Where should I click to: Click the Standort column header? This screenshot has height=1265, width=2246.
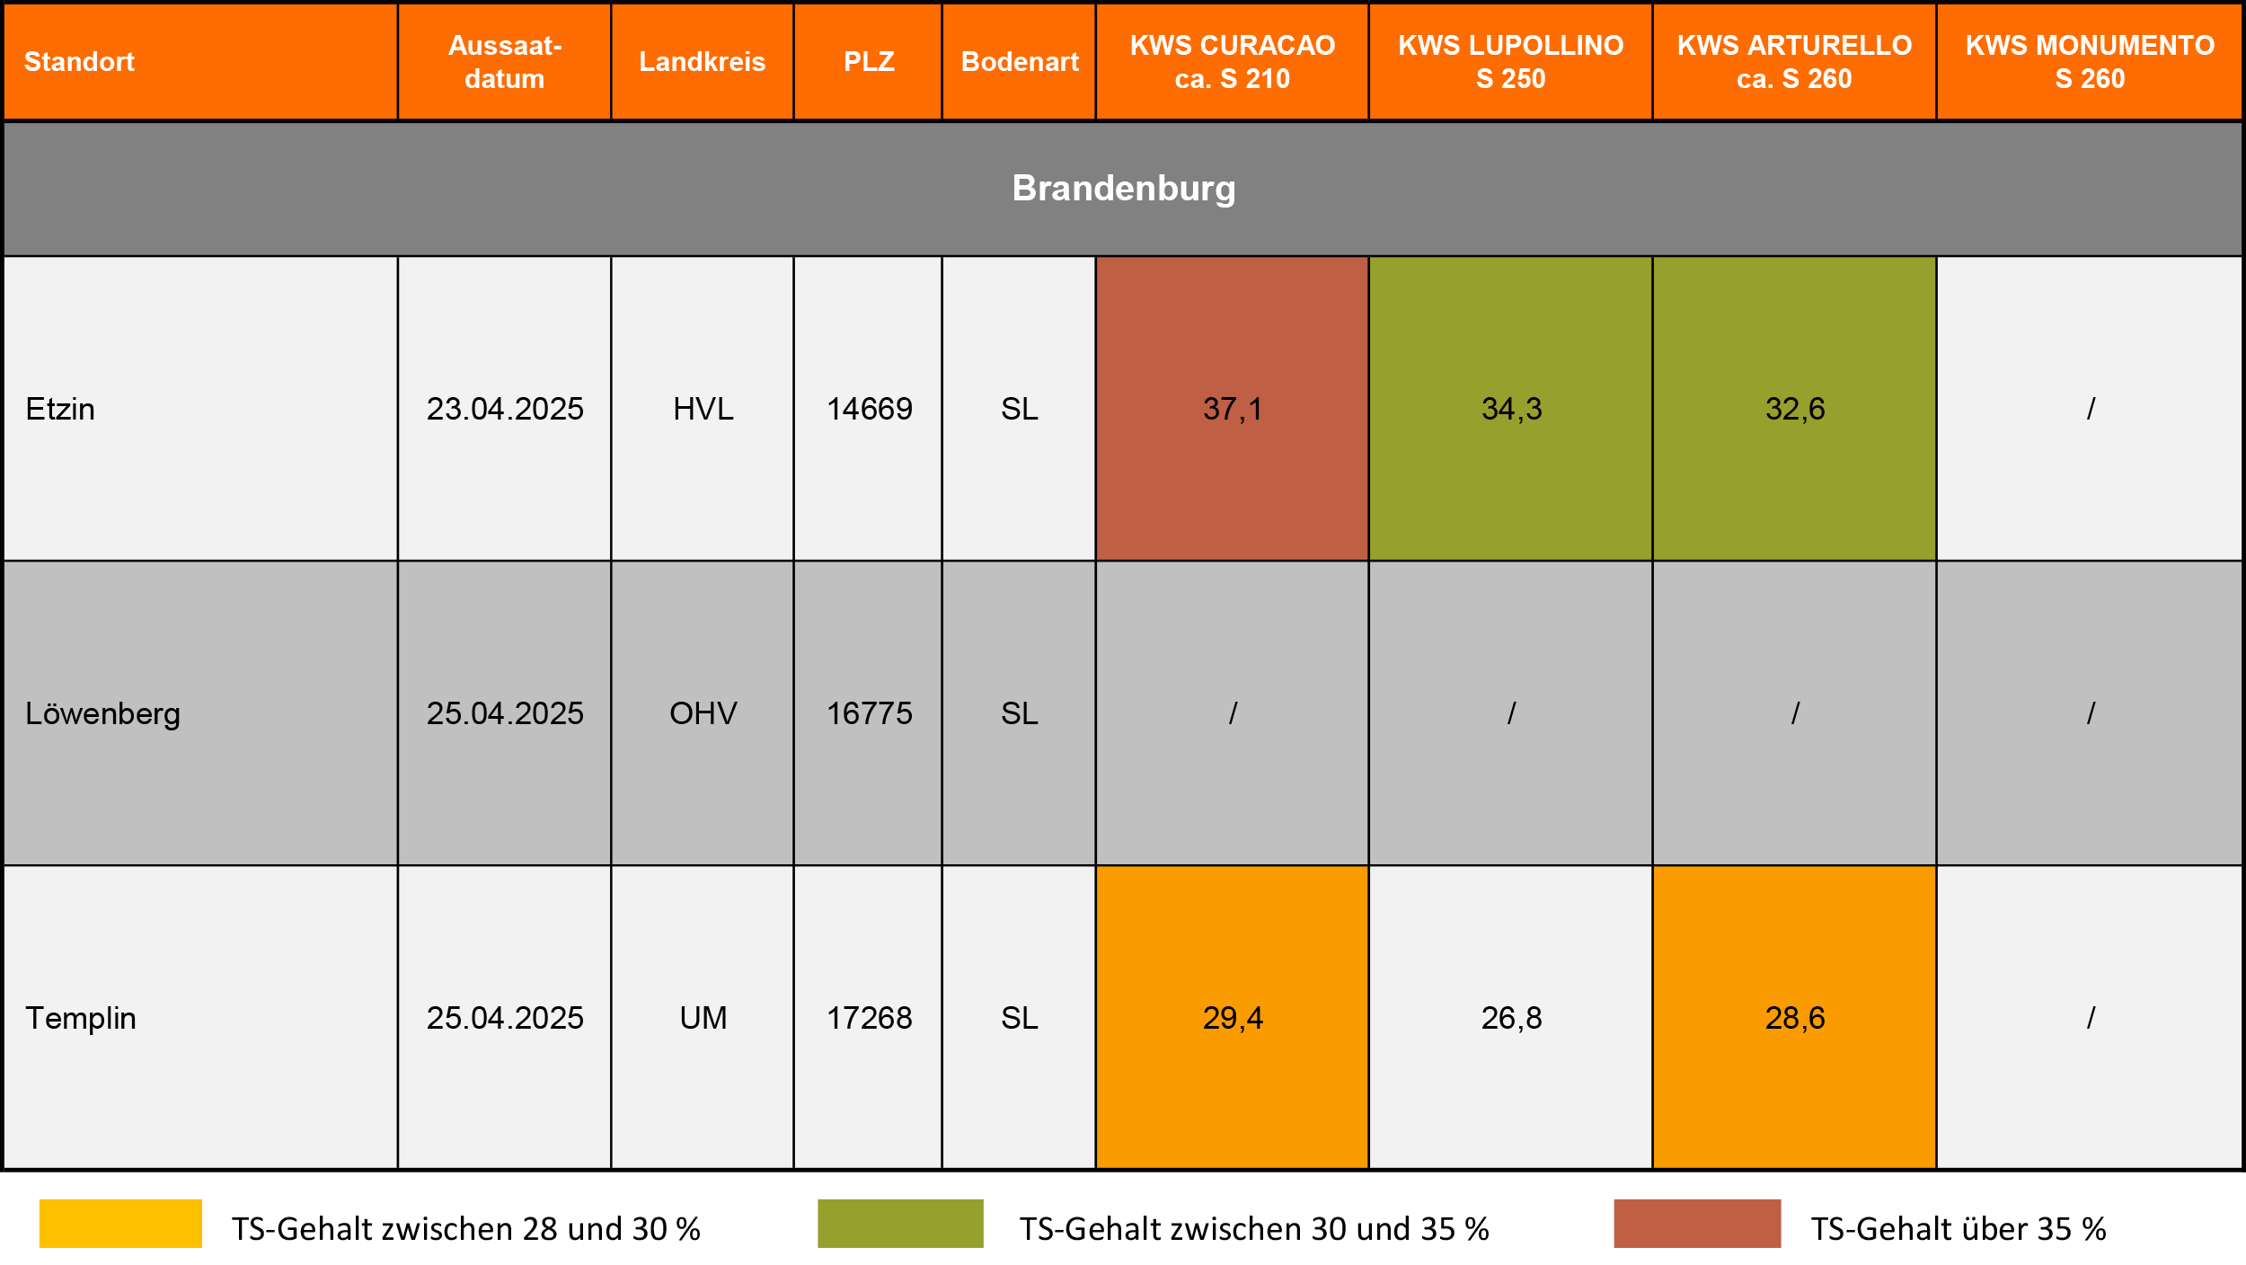pyautogui.click(x=79, y=62)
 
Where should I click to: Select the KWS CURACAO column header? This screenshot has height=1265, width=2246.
pyautogui.click(x=1232, y=62)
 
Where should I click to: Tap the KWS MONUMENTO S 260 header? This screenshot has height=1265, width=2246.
pyautogui.click(x=2090, y=62)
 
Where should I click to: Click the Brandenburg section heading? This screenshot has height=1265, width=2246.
pyautogui.click(x=1123, y=189)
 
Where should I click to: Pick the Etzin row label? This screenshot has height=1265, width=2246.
pyautogui.click(x=60, y=409)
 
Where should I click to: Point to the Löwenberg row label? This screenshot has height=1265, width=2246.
pyautogui.click(x=102, y=713)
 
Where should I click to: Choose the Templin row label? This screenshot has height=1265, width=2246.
pyautogui.click(x=81, y=1018)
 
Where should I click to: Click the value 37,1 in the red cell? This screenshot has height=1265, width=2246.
pyautogui.click(x=1233, y=409)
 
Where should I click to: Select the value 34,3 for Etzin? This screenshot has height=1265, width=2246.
pyautogui.click(x=1511, y=409)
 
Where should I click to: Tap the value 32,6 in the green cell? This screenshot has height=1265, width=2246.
pyautogui.click(x=1795, y=409)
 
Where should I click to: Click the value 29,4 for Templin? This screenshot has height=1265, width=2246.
pyautogui.click(x=1233, y=1018)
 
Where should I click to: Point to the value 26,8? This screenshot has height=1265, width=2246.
pyautogui.click(x=1511, y=1018)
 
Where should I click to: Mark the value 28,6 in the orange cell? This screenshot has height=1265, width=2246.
pyautogui.click(x=1795, y=1018)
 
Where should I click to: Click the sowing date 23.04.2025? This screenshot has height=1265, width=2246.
pyautogui.click(x=505, y=409)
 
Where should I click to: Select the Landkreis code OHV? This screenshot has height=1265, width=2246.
pyautogui.click(x=703, y=713)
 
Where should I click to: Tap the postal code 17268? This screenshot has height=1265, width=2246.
pyautogui.click(x=869, y=1018)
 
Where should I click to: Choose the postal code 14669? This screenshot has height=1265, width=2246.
pyautogui.click(x=869, y=409)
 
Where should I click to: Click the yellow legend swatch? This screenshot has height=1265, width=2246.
pyautogui.click(x=120, y=1224)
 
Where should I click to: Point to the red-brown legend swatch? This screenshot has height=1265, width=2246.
pyautogui.click(x=1697, y=1224)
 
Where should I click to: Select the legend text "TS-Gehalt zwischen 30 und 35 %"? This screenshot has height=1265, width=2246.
pyautogui.click(x=1254, y=1229)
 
